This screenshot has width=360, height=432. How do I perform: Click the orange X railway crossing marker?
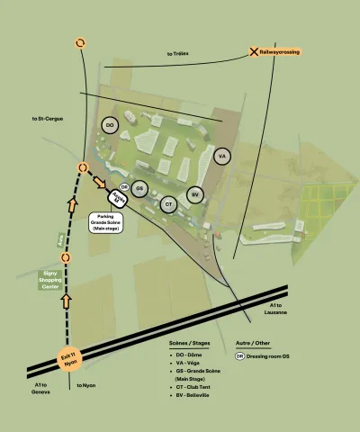[255, 52]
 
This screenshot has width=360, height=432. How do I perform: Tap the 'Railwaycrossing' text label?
[280, 52]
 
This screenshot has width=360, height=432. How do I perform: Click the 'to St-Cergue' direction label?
[47, 119]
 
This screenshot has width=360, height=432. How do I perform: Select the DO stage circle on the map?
[110, 125]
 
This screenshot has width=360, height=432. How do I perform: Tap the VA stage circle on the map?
[221, 156]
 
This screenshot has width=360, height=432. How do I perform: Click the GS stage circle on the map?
[139, 189]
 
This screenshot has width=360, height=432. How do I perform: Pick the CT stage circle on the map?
[168, 204]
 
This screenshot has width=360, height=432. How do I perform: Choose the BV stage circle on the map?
[194, 193]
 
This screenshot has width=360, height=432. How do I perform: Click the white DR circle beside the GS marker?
[124, 187]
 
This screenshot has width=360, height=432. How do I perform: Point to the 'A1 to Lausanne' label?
[275, 309]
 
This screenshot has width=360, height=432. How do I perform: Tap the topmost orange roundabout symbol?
[80, 43]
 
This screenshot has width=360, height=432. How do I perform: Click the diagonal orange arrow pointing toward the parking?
[98, 182]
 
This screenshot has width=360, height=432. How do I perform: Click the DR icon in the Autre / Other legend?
[239, 355]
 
